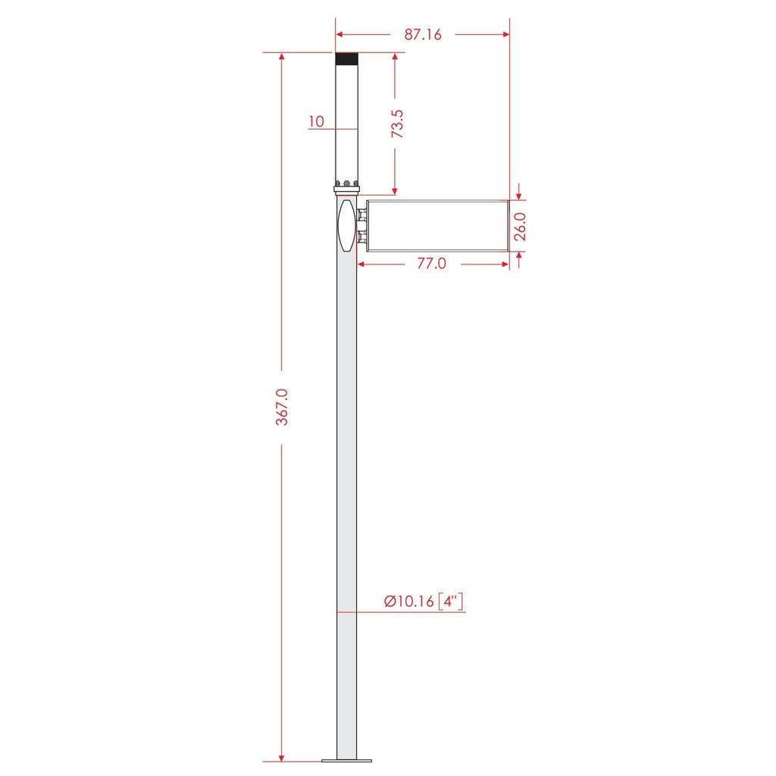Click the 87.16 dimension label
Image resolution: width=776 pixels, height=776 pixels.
(x=423, y=34)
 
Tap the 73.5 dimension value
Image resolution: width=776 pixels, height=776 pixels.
(x=397, y=124)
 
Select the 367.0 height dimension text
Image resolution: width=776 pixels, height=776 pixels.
(x=282, y=407)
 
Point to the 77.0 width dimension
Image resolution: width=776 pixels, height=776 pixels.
(x=431, y=263)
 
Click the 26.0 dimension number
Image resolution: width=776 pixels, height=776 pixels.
(x=520, y=226)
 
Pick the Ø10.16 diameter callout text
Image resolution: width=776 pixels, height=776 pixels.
(x=409, y=601)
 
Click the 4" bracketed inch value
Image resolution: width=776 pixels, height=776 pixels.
(x=450, y=601)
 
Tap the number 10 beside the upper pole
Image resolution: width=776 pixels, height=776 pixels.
(x=316, y=121)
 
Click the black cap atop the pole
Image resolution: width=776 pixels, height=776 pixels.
(x=346, y=59)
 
